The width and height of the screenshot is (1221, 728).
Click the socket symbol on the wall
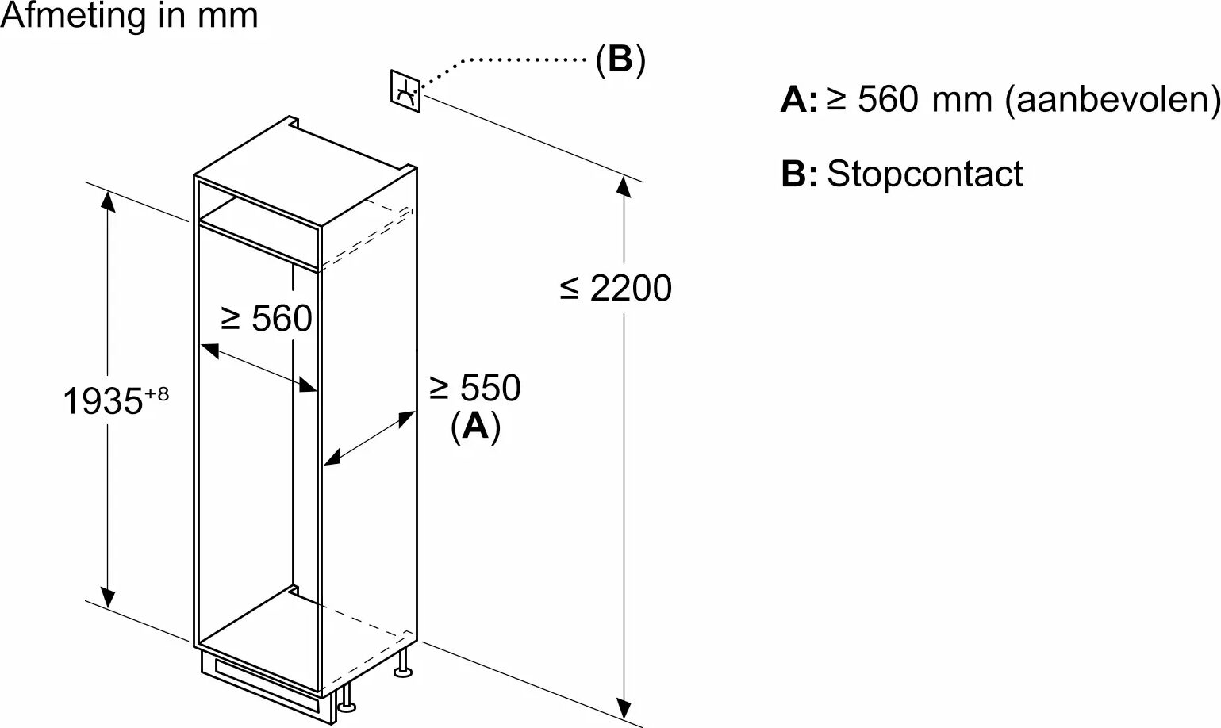click(x=405, y=90)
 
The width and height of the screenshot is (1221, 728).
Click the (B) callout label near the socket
click(x=620, y=59)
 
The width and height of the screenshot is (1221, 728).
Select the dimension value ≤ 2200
click(x=616, y=288)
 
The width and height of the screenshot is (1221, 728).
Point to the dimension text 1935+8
click(x=115, y=400)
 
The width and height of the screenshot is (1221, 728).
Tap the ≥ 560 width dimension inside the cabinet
click(x=266, y=319)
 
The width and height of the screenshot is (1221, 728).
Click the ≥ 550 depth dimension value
click(x=474, y=389)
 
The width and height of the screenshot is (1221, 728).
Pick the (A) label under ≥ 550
click(x=475, y=426)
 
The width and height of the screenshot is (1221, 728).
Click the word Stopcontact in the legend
click(x=924, y=174)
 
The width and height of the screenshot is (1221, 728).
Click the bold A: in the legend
click(x=798, y=101)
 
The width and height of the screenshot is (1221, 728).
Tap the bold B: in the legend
click(x=798, y=174)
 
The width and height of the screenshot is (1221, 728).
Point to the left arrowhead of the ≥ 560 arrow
click(x=209, y=349)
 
